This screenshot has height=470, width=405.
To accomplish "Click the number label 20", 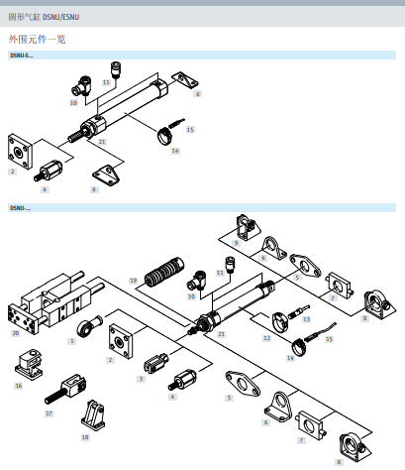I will click(15, 334).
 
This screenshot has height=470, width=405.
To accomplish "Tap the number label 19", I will click(133, 282).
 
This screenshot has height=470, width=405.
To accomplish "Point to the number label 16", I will click(18, 385).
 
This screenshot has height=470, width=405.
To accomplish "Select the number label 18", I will click(84, 436).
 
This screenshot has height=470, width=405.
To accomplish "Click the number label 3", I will click(141, 378).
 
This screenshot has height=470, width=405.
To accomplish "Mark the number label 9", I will click(237, 242).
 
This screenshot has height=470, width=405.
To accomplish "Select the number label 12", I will click(266, 338).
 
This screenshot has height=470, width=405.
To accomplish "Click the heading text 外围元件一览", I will click(37, 38).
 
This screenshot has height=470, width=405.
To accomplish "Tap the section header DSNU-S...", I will click(21, 56).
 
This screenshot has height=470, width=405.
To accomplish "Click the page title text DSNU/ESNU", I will click(62, 17).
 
